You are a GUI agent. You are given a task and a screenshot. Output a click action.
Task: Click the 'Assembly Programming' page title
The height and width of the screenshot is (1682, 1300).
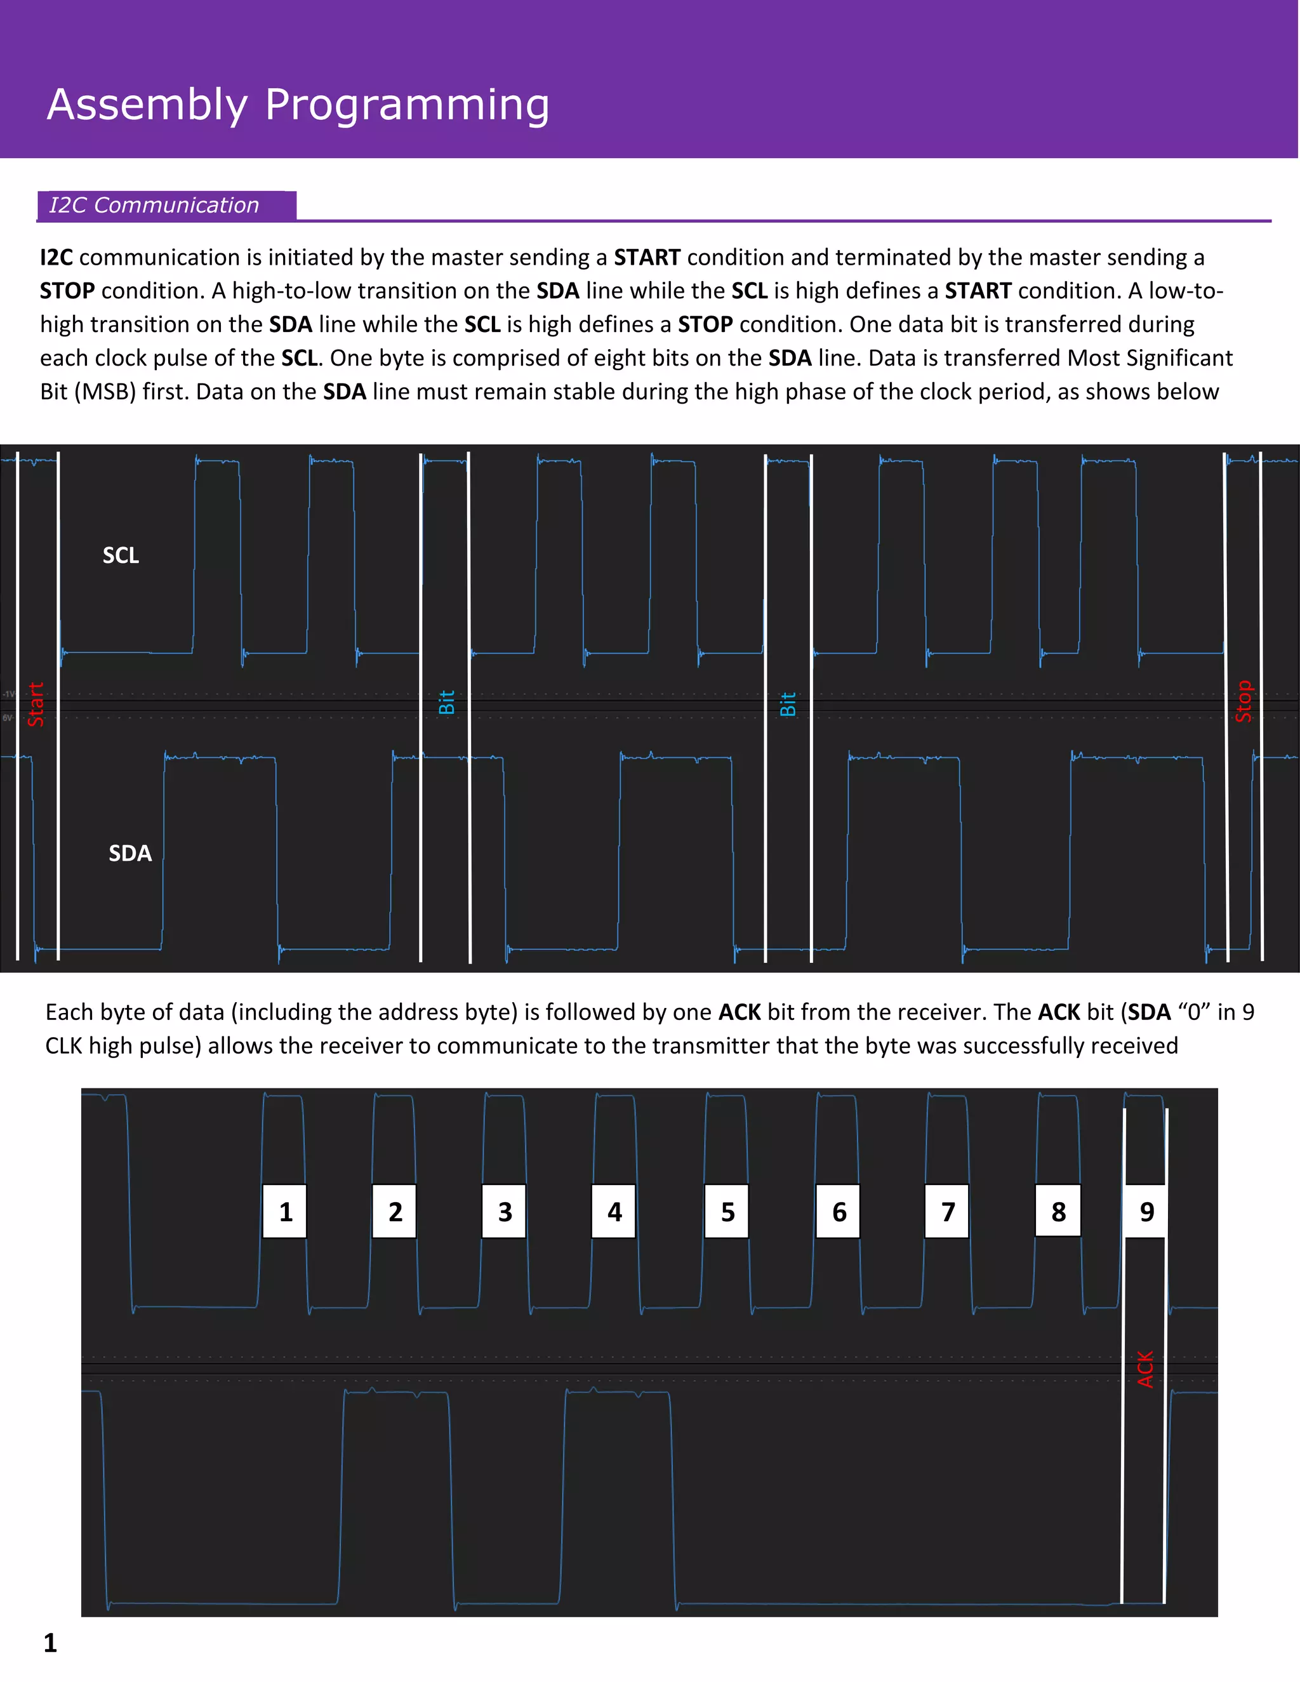298,105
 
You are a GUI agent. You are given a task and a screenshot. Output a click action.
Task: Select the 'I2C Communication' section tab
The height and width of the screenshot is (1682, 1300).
154,205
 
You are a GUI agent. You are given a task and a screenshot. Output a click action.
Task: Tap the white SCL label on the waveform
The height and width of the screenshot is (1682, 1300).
121,555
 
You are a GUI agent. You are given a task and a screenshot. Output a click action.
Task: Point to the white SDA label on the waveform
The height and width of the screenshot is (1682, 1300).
130,853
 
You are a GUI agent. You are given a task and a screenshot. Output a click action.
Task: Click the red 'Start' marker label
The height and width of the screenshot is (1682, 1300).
36,704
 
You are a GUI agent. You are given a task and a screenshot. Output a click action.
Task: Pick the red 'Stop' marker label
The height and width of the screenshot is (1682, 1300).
1244,701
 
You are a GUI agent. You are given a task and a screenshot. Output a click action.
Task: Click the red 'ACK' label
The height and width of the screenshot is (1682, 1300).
1145,1368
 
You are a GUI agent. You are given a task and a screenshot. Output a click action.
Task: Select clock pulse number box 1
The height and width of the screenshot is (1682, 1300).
285,1212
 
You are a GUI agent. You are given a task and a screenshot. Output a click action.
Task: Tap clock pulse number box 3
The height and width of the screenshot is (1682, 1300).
505,1212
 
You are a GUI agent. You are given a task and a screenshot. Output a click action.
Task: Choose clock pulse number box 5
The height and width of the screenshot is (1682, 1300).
727,1212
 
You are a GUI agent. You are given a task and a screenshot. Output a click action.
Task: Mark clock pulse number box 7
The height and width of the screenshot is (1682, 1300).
947,1212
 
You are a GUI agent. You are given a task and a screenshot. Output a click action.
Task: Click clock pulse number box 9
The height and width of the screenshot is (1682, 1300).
1146,1212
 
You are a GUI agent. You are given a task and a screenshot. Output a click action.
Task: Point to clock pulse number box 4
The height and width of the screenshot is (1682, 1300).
614,1212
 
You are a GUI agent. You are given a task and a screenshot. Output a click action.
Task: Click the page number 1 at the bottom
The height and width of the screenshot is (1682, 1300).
51,1643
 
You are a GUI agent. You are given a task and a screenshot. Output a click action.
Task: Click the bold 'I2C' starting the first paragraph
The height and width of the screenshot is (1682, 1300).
56,257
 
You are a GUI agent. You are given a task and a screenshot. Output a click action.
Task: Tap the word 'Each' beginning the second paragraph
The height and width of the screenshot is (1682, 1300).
69,1012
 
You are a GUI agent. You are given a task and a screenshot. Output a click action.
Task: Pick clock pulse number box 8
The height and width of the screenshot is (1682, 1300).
1058,1212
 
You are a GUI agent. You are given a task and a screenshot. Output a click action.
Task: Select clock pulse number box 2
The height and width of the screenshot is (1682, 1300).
394,1212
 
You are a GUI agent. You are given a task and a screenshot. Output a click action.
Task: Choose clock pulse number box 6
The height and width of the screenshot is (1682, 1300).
838,1212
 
